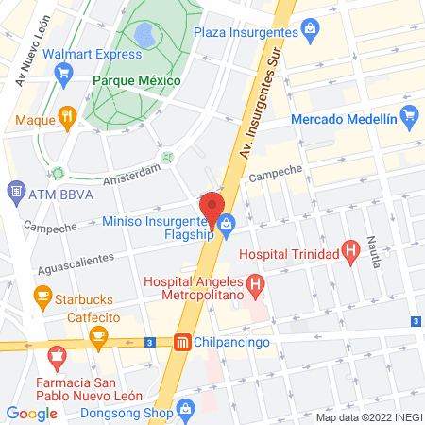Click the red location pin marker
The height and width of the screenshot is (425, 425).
coord(212,208)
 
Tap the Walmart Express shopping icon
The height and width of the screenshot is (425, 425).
coord(66,79)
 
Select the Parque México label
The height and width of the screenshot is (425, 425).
coord(136,80)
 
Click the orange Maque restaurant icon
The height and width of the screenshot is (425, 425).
coord(66,119)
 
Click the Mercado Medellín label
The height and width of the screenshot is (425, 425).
coord(344,120)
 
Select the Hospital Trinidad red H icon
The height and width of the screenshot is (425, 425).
coord(350,252)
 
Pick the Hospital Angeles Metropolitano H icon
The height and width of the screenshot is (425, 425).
coord(253,283)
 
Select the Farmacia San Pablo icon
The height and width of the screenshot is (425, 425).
coord(57,360)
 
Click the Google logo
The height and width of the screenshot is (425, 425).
coord(31,413)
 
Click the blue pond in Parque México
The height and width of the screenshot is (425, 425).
coord(145,38)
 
